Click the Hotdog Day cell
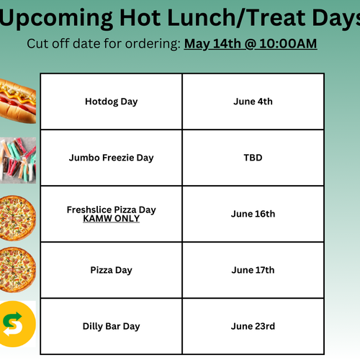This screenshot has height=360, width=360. click(112, 102)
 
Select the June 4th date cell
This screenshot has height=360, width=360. click(253, 102)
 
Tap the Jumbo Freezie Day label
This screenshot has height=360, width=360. click(111, 158)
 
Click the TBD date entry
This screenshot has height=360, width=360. click(253, 158)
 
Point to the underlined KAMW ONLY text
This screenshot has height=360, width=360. click(112, 218)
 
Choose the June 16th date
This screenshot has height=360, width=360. click(253, 214)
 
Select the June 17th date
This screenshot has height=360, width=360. click(253, 270)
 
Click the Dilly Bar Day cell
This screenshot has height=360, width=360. click(112, 326)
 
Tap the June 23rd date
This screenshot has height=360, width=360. click(253, 326)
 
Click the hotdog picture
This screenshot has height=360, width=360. click(17, 102)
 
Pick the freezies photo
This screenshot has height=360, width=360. click(18, 160)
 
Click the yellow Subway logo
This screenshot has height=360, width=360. click(18, 324)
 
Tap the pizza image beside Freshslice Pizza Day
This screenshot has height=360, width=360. click(17, 218)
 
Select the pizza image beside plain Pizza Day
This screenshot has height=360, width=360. click(17, 270)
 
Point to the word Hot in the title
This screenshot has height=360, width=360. click(140, 18)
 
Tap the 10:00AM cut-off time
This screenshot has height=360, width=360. click(288, 44)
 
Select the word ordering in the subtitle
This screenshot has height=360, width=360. click(153, 44)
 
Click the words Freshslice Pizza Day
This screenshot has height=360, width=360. click(112, 210)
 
